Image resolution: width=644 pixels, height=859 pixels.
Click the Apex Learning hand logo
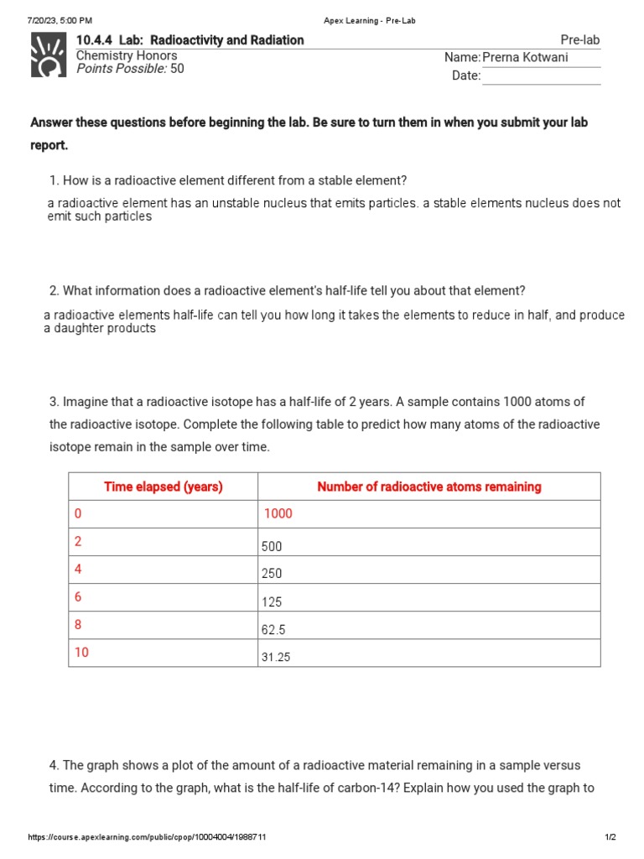tap(48, 55)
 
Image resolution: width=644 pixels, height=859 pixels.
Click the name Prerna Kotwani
tap(525, 57)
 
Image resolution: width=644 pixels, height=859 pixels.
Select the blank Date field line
tap(541, 75)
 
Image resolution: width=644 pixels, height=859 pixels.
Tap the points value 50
tap(177, 69)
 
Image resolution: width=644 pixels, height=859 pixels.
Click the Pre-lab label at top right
tap(579, 40)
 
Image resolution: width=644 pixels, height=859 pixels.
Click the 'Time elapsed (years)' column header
tap(163, 487)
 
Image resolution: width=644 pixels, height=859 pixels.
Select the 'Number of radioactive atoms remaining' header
tap(428, 487)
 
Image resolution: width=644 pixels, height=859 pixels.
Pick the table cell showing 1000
tap(278, 513)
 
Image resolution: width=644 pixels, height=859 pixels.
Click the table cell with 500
tap(272, 546)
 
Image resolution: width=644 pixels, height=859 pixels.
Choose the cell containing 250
tap(272, 574)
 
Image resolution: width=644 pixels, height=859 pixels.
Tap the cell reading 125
tap(272, 601)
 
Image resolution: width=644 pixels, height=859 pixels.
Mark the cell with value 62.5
tap(273, 629)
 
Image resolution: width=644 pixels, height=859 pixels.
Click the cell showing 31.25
tap(276, 658)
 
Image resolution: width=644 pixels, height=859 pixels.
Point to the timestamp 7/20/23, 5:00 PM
tap(60, 20)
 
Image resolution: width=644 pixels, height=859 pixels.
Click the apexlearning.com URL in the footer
tap(148, 837)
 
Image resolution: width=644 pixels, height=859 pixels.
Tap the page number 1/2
tap(610, 837)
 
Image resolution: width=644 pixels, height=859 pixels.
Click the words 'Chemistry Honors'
tap(127, 55)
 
